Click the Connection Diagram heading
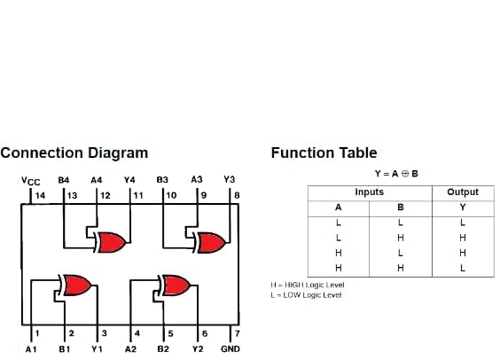(x=74, y=153)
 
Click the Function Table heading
(x=324, y=153)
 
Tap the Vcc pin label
(x=31, y=181)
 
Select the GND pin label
(x=230, y=349)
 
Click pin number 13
(x=72, y=194)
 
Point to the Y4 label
(x=129, y=179)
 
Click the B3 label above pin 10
(x=162, y=179)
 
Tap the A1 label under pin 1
(x=31, y=349)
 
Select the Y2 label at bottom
(x=198, y=349)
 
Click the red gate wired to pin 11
(x=112, y=241)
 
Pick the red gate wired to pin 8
(x=212, y=241)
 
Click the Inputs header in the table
(x=370, y=192)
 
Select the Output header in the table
(x=463, y=192)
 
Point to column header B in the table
(x=401, y=207)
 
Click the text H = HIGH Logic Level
(x=308, y=285)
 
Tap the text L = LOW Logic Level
(x=306, y=294)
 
